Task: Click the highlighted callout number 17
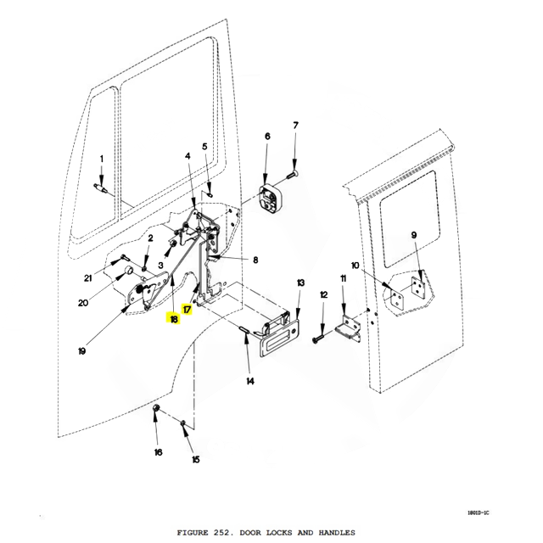point(188,311)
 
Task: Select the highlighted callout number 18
point(173,320)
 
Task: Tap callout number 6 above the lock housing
point(266,136)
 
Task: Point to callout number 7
point(296,126)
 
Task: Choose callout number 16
point(158,452)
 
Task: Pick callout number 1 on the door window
point(102,159)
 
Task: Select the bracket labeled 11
point(349,327)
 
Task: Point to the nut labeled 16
point(157,412)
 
